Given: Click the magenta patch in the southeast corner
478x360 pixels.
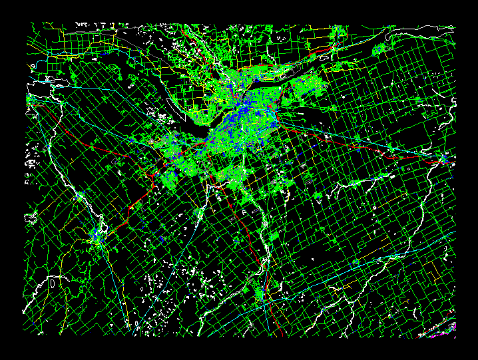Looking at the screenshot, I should (x=449, y=327).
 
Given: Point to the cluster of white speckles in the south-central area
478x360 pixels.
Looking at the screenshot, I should (x=163, y=286).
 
